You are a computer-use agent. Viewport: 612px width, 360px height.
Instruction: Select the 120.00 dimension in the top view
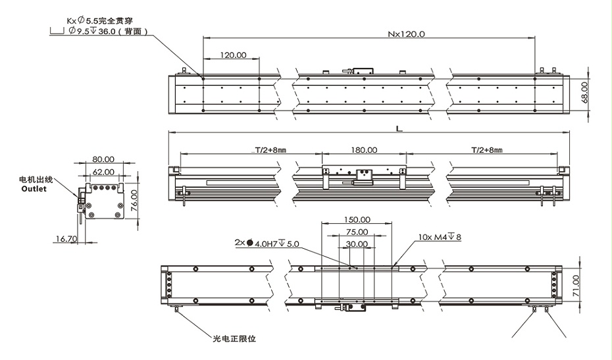pyautogui.click(x=233, y=55)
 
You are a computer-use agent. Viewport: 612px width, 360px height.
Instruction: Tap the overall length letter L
pyautogui.click(x=399, y=129)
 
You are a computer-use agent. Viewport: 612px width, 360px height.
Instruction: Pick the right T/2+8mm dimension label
pyautogui.click(x=486, y=150)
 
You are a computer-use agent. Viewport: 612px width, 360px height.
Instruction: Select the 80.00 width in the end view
pyautogui.click(x=103, y=159)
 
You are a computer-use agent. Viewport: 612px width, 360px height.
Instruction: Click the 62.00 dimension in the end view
pyautogui.click(x=103, y=171)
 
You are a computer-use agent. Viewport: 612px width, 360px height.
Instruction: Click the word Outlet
pyautogui.click(x=34, y=188)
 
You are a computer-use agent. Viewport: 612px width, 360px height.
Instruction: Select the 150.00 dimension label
pyautogui.click(x=357, y=220)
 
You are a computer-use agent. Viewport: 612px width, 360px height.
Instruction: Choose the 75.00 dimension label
pyautogui.click(x=357, y=232)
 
